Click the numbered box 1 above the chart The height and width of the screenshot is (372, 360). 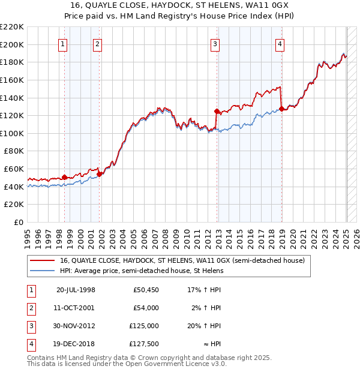tap(63, 43)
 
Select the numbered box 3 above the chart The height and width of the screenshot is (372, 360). tap(215, 43)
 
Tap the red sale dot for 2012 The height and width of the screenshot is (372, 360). tap(217, 111)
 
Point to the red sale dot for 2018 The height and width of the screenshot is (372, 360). tap(281, 109)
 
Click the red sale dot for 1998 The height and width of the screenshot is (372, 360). tap(65, 177)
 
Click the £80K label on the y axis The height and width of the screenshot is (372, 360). tap(14, 151)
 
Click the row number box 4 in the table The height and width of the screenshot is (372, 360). tap(31, 344)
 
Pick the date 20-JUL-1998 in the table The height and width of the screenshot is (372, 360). tap(76, 290)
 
